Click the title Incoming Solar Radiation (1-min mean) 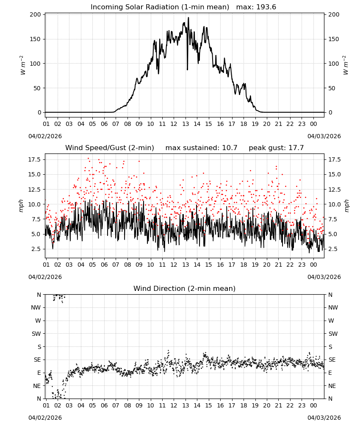[x=160, y=7]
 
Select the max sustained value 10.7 [x=230, y=148]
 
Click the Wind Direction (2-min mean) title [x=185, y=288]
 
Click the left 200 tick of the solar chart [x=35, y=14]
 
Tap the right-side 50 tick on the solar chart [x=332, y=88]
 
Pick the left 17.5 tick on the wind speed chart [x=34, y=159]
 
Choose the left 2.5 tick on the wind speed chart [x=36, y=249]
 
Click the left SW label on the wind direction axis [x=36, y=334]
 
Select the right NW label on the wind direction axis [x=333, y=307]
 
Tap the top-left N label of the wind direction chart [x=39, y=295]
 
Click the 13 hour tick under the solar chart [x=186, y=124]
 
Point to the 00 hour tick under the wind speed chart [x=313, y=265]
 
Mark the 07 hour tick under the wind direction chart [x=116, y=405]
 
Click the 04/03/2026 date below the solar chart [x=324, y=136]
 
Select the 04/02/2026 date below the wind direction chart [x=45, y=418]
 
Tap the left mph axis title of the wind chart [x=21, y=206]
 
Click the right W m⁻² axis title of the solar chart [x=346, y=65]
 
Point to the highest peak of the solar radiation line [x=188, y=17]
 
